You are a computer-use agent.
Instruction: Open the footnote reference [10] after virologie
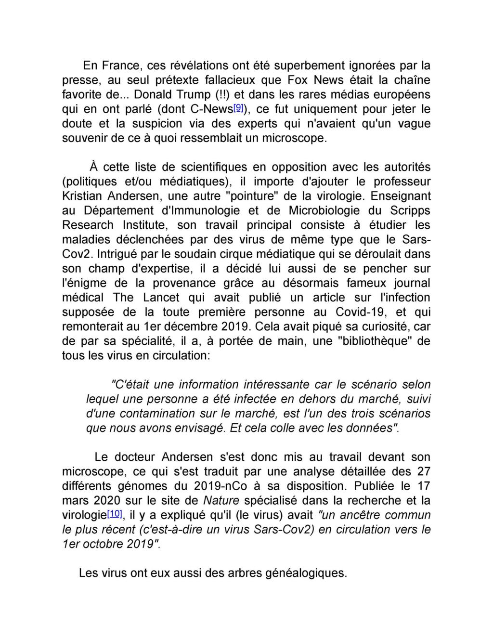(x=115, y=514)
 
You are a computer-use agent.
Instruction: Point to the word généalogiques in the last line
(x=306, y=573)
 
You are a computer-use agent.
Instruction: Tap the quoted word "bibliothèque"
(x=371, y=341)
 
